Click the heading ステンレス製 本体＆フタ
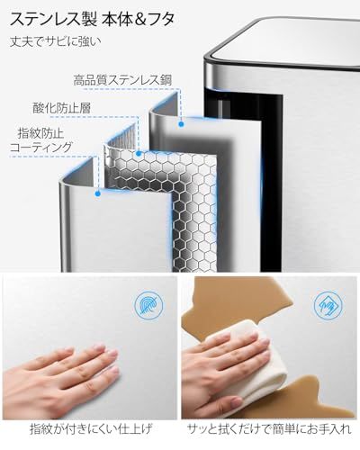click(x=92, y=19)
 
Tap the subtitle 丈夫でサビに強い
click(x=56, y=41)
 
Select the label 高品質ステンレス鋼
click(x=123, y=80)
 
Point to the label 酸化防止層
click(x=61, y=108)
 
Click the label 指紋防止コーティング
click(x=41, y=140)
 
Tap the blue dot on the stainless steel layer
click(x=181, y=124)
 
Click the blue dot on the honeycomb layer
click(x=139, y=154)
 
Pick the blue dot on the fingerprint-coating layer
click(x=97, y=193)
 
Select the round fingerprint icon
click(x=149, y=305)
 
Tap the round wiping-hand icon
click(x=328, y=305)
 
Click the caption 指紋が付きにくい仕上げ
click(x=91, y=429)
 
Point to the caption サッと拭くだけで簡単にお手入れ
click(x=269, y=429)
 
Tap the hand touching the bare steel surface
click(x=60, y=380)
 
